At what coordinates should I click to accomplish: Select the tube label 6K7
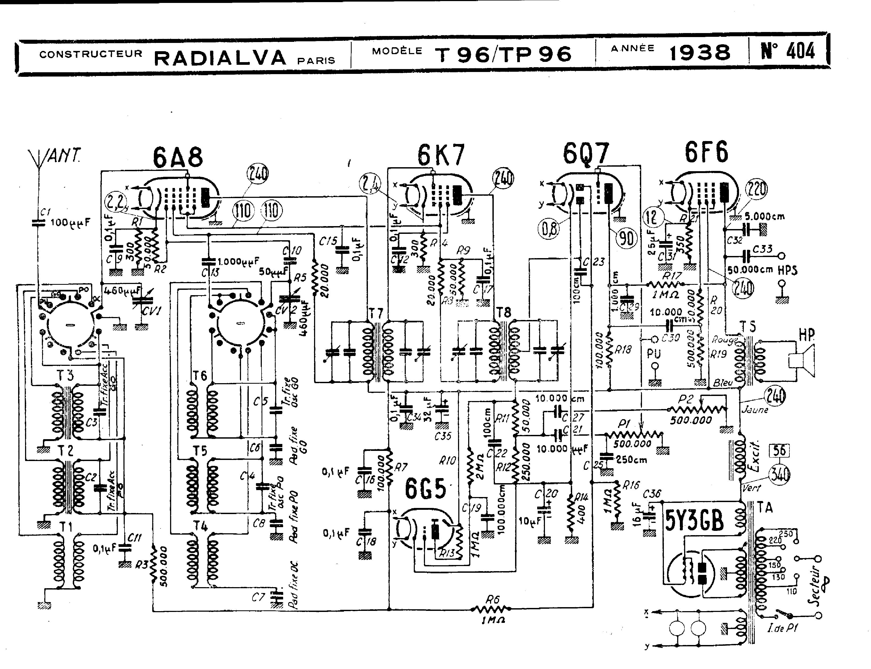pos(441,155)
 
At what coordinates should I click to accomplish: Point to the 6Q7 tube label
pos(586,153)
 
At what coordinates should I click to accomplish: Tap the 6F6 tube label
pos(706,152)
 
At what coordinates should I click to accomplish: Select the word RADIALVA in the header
pos(220,58)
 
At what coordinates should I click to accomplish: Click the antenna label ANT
pos(64,156)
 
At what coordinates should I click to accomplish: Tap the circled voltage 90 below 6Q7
pos(627,239)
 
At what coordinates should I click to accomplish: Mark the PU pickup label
pos(654,354)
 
